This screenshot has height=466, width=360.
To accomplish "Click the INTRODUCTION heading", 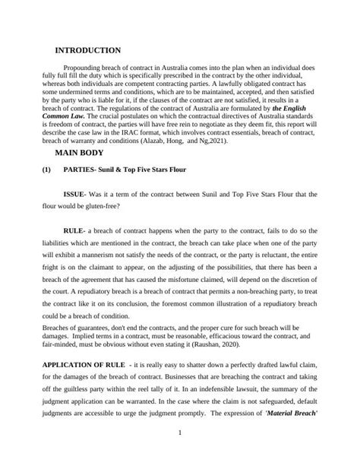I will tap(89, 50).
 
